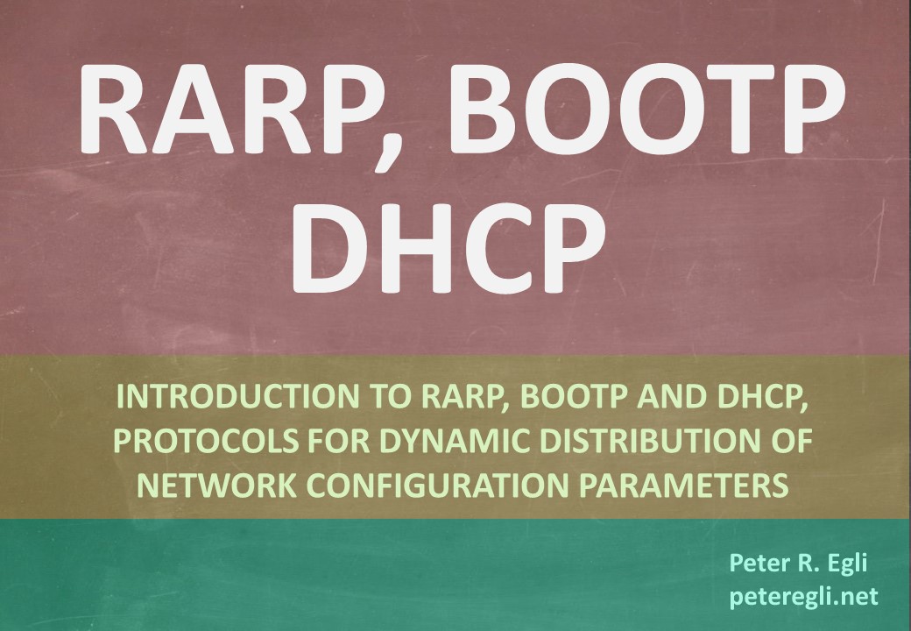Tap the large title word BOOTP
click(x=646, y=109)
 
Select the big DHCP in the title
click(x=448, y=248)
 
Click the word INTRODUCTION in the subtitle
click(x=238, y=396)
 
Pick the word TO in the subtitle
click(x=391, y=396)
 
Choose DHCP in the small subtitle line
click(x=759, y=396)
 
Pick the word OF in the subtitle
click(x=791, y=441)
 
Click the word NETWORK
click(x=217, y=486)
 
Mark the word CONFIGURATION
click(x=437, y=486)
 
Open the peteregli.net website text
click(x=803, y=597)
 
